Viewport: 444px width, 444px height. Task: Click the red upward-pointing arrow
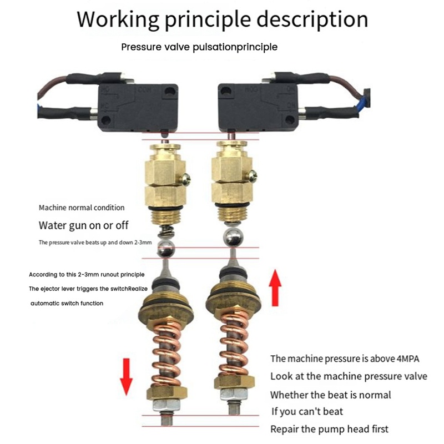point(275,287)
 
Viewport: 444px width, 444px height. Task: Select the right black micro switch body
point(256,105)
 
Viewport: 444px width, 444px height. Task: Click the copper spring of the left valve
point(165,350)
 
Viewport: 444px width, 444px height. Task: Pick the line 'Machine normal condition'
point(82,208)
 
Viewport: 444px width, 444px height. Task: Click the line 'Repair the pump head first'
point(329,428)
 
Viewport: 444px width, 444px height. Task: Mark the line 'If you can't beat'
point(307,411)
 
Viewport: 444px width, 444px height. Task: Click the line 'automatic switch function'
point(67,303)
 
